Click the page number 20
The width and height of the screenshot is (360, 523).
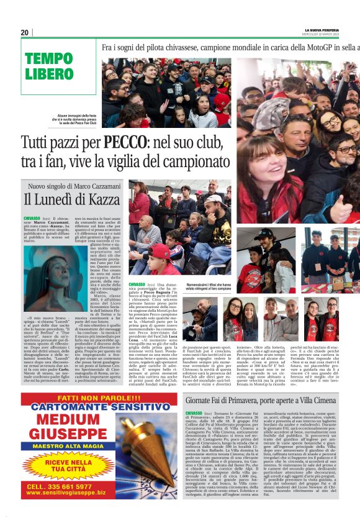coord(25,33)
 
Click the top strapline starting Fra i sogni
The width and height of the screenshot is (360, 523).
coord(230,47)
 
